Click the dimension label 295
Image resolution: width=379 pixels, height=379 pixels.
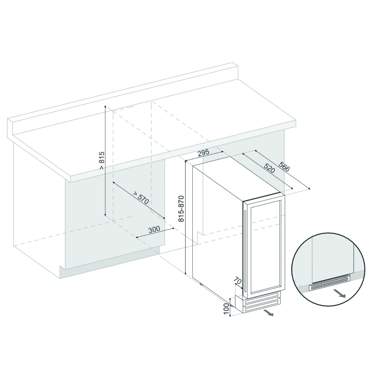[203, 153]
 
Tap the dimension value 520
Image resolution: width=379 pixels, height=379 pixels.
[269, 168]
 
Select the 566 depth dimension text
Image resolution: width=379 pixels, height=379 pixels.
[284, 167]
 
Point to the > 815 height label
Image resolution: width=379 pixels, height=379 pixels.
[102, 160]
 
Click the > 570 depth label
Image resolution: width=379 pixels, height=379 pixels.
[140, 198]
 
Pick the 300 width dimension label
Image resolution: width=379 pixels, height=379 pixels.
[154, 229]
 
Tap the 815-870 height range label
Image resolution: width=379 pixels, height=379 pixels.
[181, 208]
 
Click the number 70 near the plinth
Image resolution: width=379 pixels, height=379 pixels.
[238, 281]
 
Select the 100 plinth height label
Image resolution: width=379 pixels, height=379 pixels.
[226, 309]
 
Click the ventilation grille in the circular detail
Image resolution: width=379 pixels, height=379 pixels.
[330, 283]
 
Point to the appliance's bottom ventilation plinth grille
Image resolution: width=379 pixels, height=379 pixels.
[262, 302]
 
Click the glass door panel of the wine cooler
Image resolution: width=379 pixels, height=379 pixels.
[265, 245]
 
